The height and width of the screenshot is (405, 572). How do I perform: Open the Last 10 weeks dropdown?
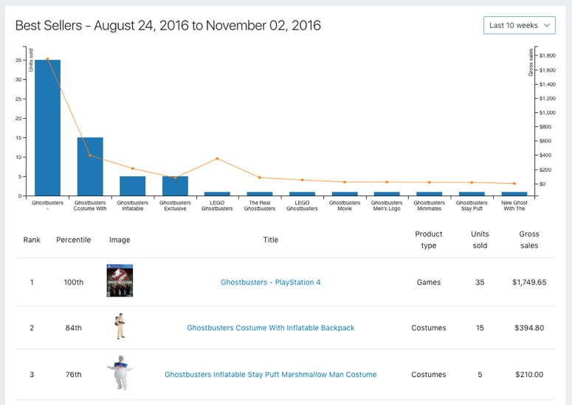pos(519,25)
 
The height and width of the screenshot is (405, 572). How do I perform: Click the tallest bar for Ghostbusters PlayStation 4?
pos(47,127)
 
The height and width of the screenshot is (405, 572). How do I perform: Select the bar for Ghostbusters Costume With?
pos(90,166)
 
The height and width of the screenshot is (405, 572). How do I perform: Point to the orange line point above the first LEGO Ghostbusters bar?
pos(217,159)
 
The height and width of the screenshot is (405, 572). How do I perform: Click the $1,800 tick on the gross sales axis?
pos(548,56)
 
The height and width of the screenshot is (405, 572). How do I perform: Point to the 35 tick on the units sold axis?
pos(18,60)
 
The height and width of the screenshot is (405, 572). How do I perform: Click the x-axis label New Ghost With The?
pos(514,205)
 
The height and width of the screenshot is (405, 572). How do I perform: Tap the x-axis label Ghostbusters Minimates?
pos(430,205)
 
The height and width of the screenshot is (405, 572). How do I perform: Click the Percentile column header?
pos(74,240)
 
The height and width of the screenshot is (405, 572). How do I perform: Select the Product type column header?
pos(428,240)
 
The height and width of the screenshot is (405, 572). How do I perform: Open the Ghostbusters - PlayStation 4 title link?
pos(270,283)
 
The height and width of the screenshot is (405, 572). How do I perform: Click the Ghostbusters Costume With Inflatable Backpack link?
pos(270,328)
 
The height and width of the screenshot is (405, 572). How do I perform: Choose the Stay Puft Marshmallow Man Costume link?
pos(270,375)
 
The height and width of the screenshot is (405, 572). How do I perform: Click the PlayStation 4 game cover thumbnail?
pos(120,281)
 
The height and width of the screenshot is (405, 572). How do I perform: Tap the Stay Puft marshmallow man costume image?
pos(120,373)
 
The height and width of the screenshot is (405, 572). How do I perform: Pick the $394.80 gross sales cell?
pos(528,328)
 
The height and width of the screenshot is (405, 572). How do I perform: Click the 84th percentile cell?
pos(74,328)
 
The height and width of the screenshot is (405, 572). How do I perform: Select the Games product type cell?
pos(428,283)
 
